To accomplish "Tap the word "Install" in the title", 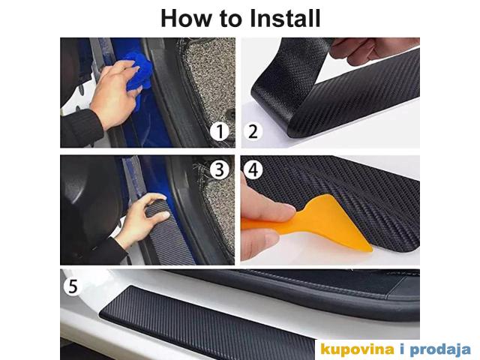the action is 285,18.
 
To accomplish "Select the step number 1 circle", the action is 220,131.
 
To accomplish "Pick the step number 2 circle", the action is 253,131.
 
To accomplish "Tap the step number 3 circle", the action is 219,169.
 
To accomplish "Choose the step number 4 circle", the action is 253,169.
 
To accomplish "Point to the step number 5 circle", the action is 73,286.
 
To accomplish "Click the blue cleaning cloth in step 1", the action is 139,77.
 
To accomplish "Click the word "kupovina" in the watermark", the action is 357,349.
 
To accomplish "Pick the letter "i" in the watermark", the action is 402,349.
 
